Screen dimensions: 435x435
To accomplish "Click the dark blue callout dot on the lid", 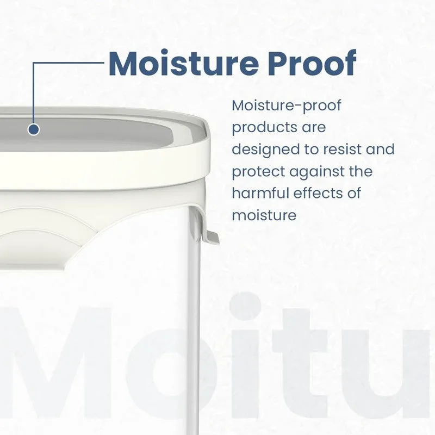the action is [x=34, y=129].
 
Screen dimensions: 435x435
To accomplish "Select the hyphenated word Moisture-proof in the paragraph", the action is [x=287, y=106].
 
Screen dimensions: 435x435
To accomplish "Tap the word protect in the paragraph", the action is [x=258, y=172].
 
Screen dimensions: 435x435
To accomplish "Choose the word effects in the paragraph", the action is [x=318, y=193].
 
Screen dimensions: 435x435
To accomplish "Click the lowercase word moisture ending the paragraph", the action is [x=264, y=215].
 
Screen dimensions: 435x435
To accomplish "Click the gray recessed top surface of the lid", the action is [x=91, y=134].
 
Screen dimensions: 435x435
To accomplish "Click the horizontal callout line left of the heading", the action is [x=69, y=63].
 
